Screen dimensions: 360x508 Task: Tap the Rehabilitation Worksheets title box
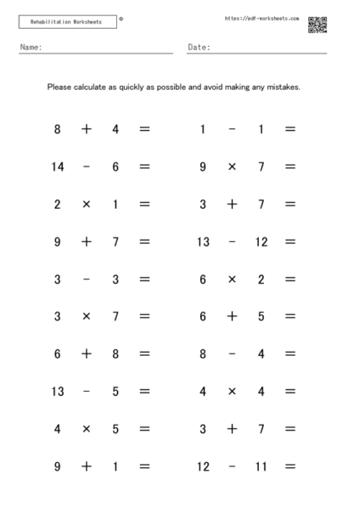point(66,22)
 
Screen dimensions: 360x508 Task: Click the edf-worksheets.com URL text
point(262,18)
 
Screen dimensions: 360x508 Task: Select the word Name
point(31,48)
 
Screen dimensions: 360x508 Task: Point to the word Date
point(199,48)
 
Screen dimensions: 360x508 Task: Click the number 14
point(57,167)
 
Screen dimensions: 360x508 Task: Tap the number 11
point(262,466)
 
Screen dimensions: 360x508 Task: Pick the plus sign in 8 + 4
point(86,130)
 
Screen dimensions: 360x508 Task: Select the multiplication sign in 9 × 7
point(232,167)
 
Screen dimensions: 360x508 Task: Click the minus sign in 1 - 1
point(232,130)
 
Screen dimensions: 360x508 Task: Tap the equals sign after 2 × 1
point(144,205)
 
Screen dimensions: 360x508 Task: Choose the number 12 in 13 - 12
point(262,242)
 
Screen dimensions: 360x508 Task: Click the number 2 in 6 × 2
point(262,279)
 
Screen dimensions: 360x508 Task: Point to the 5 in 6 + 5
point(262,317)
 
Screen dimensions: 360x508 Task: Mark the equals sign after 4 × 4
point(290,392)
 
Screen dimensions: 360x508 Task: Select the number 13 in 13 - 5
point(57,392)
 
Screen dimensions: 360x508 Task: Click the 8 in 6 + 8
point(115,354)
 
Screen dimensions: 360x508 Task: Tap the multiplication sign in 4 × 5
point(86,429)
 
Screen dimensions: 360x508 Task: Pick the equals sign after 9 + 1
point(144,466)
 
